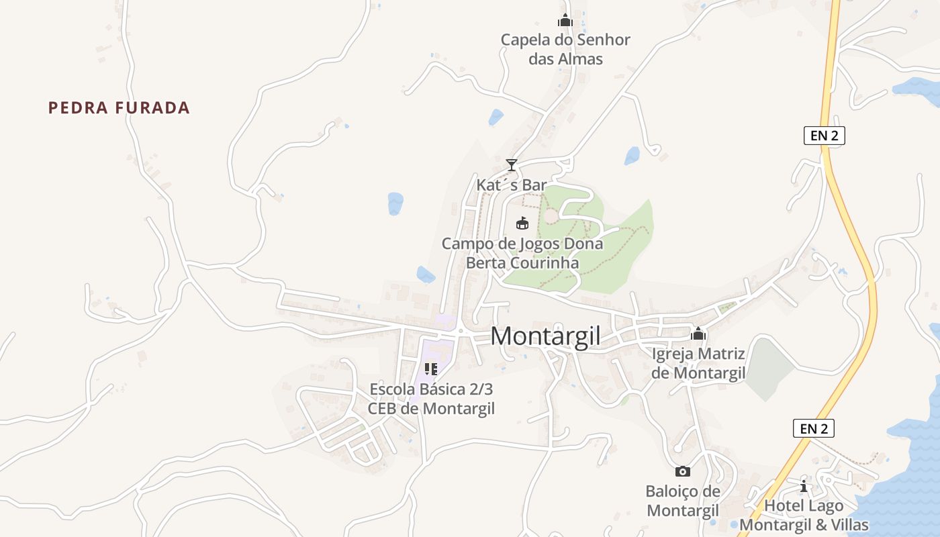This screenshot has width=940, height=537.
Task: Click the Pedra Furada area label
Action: point(119,107)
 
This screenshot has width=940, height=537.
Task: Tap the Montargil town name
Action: point(545,336)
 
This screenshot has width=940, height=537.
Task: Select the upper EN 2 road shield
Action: point(824,136)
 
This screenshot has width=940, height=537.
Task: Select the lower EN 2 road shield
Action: point(813,428)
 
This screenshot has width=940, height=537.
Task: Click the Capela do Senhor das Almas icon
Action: point(565,21)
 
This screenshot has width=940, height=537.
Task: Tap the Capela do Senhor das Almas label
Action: point(565,49)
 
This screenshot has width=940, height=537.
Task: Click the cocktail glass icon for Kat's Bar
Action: point(512,164)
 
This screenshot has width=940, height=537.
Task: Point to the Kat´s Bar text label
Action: point(512,185)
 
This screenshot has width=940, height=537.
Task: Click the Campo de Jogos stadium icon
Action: point(522,223)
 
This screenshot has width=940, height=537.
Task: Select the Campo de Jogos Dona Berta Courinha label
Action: point(522,253)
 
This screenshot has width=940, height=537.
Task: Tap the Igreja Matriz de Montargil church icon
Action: point(698,334)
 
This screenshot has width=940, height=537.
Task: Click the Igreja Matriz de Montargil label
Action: point(698,363)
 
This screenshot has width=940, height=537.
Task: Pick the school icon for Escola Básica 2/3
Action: point(431,369)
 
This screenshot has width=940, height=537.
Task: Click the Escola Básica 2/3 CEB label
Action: point(431,399)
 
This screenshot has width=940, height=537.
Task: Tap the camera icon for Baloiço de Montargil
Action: point(682,471)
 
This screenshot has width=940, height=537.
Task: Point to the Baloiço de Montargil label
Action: point(682,501)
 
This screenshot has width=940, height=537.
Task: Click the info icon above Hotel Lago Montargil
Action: point(804,486)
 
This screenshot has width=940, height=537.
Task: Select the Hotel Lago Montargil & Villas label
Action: point(804,515)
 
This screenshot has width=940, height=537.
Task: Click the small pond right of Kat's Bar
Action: point(632,156)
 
